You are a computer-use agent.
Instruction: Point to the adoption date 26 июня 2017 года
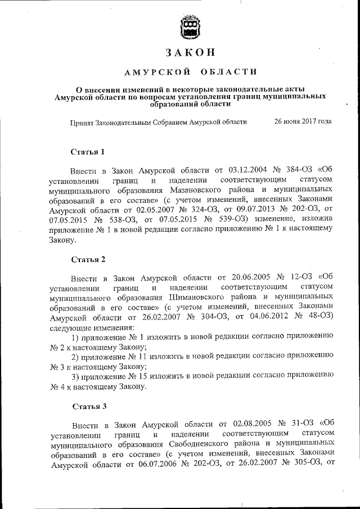pyautogui.click(x=303, y=121)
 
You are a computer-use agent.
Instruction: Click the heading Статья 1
pyautogui.click(x=88, y=152)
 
